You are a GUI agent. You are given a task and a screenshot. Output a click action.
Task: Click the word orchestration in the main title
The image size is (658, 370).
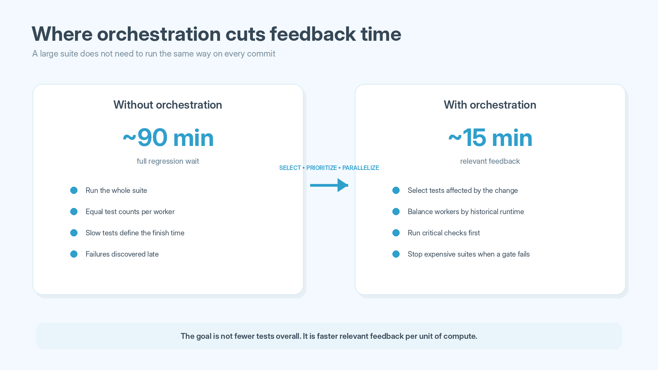(x=159, y=34)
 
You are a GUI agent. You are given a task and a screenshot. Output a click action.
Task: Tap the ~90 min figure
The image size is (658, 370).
(x=168, y=138)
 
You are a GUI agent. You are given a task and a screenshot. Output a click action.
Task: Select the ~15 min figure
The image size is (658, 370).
(x=490, y=138)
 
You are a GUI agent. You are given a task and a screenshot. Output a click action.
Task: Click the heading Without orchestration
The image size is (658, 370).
(x=168, y=105)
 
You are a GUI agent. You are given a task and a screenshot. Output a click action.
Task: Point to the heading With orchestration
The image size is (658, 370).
(x=490, y=105)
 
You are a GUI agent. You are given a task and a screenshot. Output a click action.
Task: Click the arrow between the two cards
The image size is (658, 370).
(x=329, y=185)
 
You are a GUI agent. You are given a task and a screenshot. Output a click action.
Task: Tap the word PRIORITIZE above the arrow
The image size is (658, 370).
(x=321, y=168)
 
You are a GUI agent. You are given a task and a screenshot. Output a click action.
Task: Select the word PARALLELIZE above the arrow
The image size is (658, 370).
(x=361, y=168)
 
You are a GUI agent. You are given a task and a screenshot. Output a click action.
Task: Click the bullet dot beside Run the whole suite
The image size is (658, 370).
(x=74, y=190)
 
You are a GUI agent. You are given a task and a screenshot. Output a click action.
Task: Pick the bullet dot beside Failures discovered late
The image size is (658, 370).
(x=74, y=254)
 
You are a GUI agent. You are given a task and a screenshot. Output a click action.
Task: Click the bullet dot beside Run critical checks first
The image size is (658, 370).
(x=396, y=233)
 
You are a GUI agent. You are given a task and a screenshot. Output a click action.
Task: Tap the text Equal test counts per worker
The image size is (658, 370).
(x=130, y=212)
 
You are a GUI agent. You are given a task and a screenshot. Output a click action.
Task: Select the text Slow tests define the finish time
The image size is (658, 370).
(x=135, y=233)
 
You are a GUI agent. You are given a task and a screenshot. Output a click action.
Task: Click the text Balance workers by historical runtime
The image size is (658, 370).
(x=466, y=212)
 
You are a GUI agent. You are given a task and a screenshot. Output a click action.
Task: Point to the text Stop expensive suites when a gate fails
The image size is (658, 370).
(x=468, y=254)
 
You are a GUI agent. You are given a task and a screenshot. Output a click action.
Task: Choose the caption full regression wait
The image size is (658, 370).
(x=168, y=161)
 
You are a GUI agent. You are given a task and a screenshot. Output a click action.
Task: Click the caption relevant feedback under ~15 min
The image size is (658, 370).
(x=490, y=161)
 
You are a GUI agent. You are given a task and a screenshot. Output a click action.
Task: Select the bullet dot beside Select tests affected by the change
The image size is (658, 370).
(x=396, y=190)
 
